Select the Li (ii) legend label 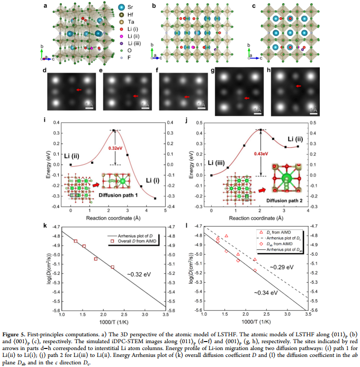pos(133,37)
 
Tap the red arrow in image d pos(79,89)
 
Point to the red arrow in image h pos(298,86)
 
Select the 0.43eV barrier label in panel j pos(261,154)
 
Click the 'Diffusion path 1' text pos(118,195)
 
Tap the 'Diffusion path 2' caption pos(284,201)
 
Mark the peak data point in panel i pos(113,130)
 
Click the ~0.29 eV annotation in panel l pos(282,267)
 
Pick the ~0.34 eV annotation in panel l pos(266,293)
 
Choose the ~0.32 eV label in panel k pos(139,274)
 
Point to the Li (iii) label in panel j pos(217,163)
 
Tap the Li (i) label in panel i pos(153,181)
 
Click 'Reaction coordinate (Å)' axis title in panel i pos(113,218)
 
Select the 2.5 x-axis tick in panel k pos(124,315)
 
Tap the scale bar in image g pos(257,113)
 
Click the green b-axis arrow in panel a pos(42,53)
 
